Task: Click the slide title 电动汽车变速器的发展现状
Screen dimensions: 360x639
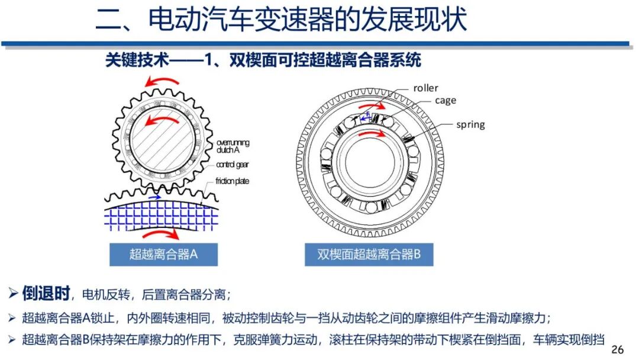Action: point(281,20)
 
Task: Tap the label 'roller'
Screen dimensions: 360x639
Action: point(425,88)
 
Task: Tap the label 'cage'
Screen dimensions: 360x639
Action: point(446,101)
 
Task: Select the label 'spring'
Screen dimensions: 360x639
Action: point(470,124)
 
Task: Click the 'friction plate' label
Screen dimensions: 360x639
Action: point(233,181)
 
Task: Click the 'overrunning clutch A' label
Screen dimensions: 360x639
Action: point(233,146)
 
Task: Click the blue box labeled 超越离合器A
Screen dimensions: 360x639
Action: point(163,255)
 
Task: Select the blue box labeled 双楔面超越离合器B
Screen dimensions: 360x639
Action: point(369,255)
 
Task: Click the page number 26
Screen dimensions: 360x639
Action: point(617,349)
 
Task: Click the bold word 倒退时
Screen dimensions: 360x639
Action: point(46,293)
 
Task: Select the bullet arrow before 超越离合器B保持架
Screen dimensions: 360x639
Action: point(13,340)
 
